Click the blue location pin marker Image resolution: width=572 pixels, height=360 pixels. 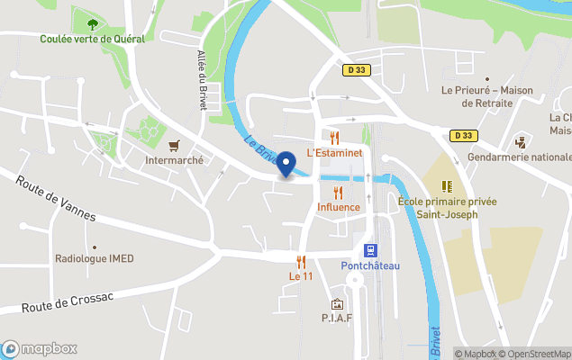click(x=286, y=165)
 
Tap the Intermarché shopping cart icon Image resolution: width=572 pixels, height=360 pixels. click(x=174, y=144)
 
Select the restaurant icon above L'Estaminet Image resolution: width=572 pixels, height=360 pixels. click(x=334, y=138)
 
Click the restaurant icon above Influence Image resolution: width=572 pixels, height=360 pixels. click(x=338, y=193)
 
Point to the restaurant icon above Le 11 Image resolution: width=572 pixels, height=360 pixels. click(x=301, y=262)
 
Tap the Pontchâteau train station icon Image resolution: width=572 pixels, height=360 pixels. click(x=369, y=249)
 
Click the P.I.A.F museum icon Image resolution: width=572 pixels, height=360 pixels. click(x=337, y=304)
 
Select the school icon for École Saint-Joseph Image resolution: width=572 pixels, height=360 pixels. click(x=446, y=187)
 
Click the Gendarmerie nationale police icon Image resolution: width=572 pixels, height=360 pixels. click(x=520, y=142)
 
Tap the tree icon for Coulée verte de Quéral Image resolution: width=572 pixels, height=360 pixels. click(x=91, y=24)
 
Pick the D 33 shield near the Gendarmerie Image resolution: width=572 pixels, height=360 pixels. click(x=463, y=136)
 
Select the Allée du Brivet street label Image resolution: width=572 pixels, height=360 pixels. click(x=203, y=79)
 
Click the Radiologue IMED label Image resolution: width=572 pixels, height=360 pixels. click(x=94, y=259)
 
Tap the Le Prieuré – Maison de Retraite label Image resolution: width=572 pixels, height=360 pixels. click(x=486, y=96)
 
